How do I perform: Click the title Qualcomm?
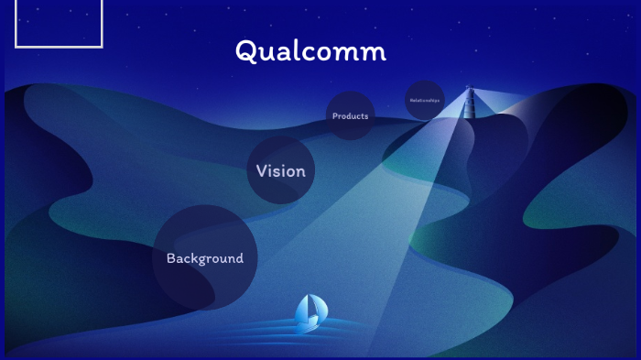pyautogui.click(x=310, y=51)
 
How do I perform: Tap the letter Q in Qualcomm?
pyautogui.click(x=245, y=52)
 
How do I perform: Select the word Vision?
pyautogui.click(x=280, y=171)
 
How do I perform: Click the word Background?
pyautogui.click(x=204, y=258)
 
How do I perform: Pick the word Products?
pyautogui.click(x=350, y=116)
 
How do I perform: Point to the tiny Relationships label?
pyautogui.click(x=425, y=100)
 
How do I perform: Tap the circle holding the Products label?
pyautogui.click(x=351, y=129)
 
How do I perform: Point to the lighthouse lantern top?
pyautogui.click(x=469, y=89)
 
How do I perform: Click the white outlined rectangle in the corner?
pyautogui.click(x=59, y=24)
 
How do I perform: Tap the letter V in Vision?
pyautogui.click(x=262, y=171)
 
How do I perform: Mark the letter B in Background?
pyautogui.click(x=171, y=258)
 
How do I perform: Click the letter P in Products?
pyautogui.click(x=335, y=116)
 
